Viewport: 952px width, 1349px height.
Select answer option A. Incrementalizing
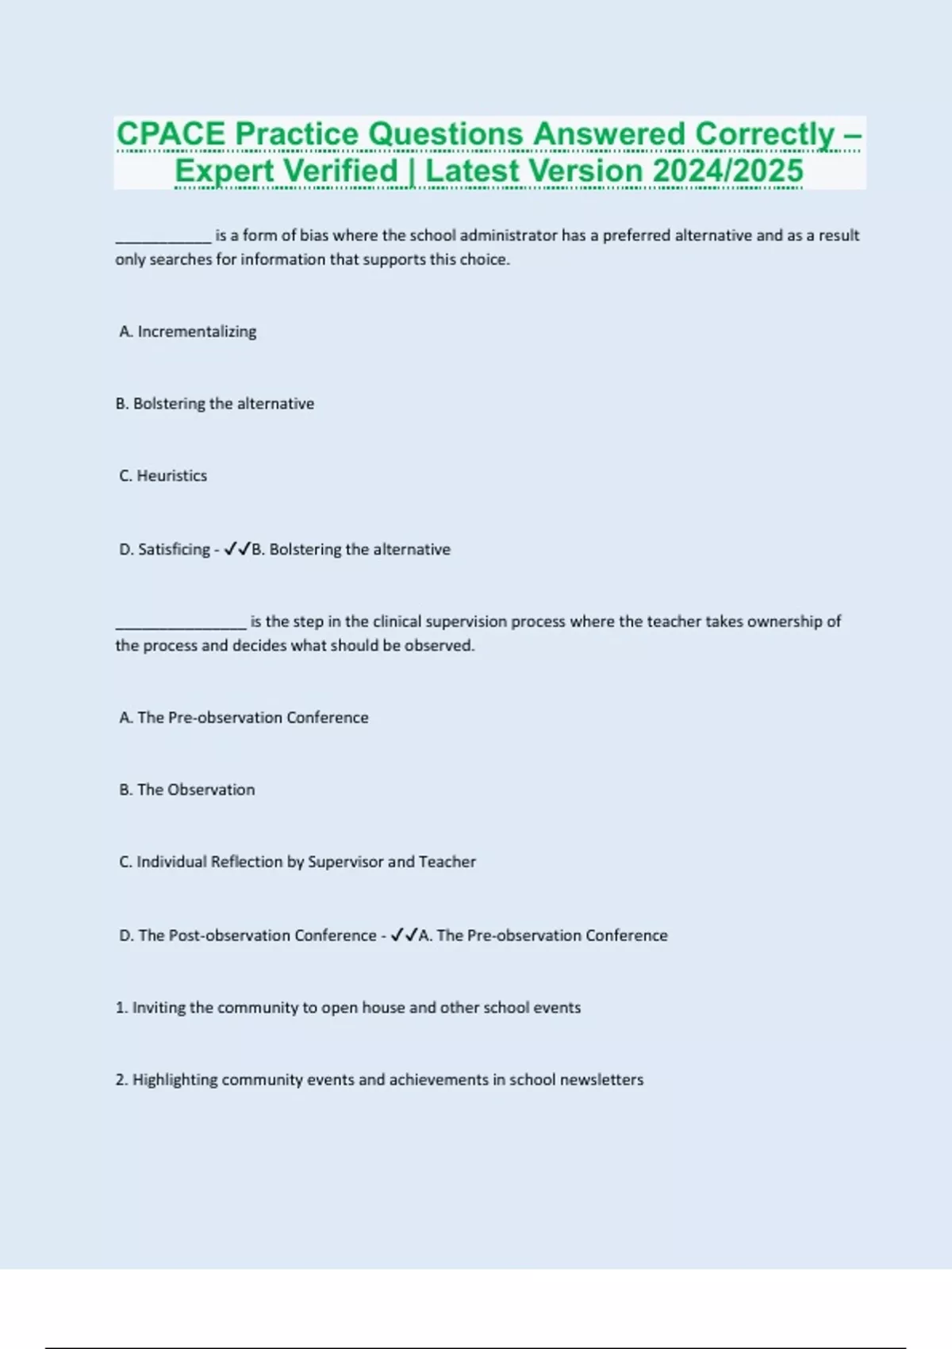(x=188, y=332)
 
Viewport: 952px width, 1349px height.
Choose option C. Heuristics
(x=163, y=476)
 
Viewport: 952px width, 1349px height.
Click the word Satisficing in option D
(x=174, y=549)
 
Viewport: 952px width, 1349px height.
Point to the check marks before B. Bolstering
(x=237, y=549)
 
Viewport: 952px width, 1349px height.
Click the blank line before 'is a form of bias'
(x=163, y=236)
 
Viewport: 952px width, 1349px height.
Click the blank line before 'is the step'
(x=181, y=623)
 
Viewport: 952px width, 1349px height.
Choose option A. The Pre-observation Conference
(x=244, y=717)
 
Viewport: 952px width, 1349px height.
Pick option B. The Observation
(x=187, y=790)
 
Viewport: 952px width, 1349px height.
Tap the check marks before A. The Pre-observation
(x=404, y=935)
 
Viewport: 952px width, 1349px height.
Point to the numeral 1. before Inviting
(x=121, y=1008)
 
